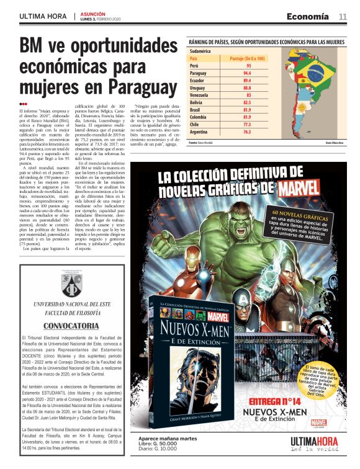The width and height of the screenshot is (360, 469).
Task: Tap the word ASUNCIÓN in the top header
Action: (92, 13)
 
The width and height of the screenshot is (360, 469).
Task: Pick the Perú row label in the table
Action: (194, 65)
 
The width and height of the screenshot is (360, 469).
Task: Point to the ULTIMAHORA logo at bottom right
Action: (315, 441)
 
